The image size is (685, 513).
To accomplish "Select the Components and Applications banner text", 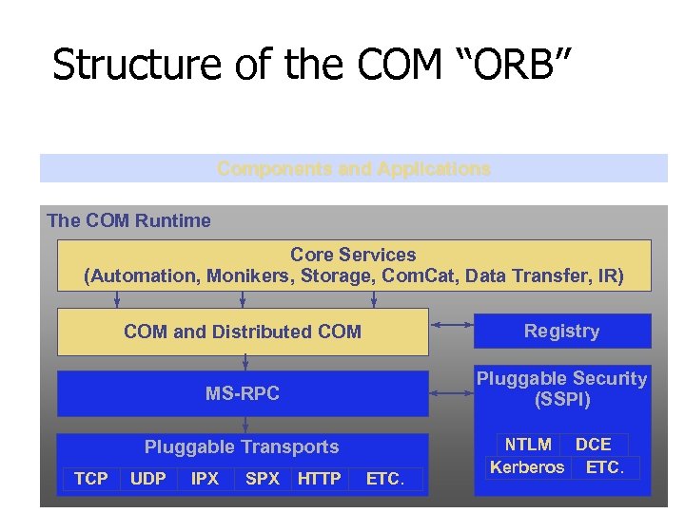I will point(354,169).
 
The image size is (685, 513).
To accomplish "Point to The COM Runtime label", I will point(128,220).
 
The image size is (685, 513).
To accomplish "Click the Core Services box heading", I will point(353,255).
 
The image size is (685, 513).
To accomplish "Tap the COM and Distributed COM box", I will point(243,332).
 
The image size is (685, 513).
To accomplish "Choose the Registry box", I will point(561,331).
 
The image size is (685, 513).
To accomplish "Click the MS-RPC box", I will point(243,393).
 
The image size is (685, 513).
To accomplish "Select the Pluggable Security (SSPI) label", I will point(561,389).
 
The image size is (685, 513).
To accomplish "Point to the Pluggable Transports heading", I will point(242,446).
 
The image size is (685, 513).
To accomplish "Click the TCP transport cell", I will point(91,479).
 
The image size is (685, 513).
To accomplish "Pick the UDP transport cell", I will point(147,479).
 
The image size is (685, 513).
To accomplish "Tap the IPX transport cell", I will point(205,479).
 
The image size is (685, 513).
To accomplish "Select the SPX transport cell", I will point(263,479).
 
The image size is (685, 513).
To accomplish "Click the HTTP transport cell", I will point(319,479).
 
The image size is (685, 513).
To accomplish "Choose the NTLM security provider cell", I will point(528,445).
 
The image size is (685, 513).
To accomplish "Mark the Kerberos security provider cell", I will point(527,467).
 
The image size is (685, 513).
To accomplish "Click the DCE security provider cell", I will point(594,445).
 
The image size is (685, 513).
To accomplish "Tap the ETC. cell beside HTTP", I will point(385,479).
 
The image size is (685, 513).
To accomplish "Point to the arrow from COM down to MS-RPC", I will point(245,362).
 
